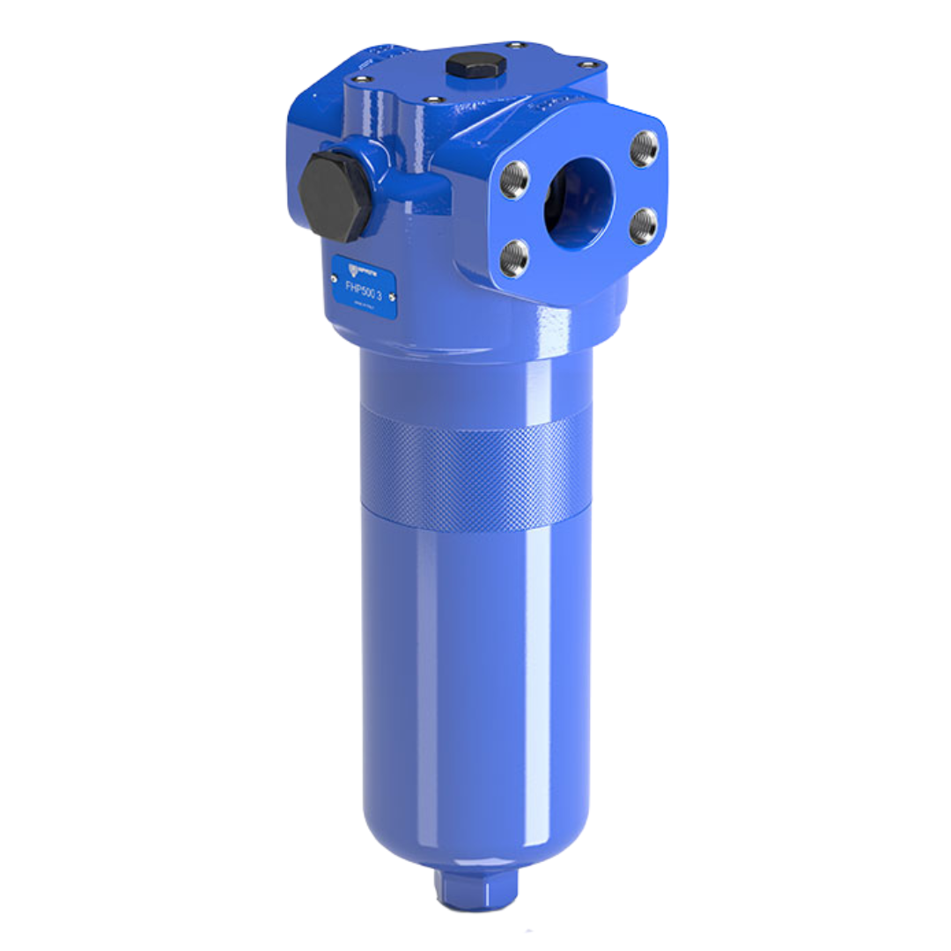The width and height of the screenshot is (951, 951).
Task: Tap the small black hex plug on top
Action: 475,66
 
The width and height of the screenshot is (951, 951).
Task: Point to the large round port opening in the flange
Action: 577,203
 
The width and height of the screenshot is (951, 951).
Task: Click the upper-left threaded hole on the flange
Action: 513,180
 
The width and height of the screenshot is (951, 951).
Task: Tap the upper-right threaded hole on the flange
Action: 644,149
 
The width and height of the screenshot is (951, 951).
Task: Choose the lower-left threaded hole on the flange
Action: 513,258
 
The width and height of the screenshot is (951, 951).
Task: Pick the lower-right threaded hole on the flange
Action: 643,226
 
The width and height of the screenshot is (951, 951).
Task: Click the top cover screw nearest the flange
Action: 432,100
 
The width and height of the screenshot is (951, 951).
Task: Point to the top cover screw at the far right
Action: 589,64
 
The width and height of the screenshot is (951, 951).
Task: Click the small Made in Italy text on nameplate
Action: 362,304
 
